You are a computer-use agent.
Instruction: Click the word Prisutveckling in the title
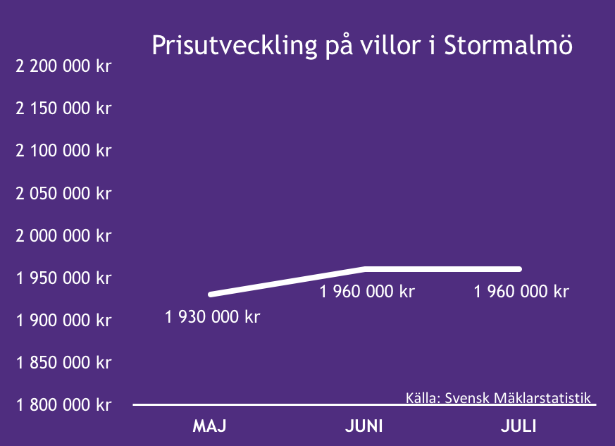234,46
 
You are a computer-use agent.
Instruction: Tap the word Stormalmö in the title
508,44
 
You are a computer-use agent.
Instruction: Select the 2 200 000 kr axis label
63,66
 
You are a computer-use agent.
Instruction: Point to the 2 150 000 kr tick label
63,109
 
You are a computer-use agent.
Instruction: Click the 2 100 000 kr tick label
63,151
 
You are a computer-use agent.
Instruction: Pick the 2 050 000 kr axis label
63,193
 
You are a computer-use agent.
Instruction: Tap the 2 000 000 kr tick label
63,236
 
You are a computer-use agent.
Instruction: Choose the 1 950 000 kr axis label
63,278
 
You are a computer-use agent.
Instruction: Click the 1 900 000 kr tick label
63,321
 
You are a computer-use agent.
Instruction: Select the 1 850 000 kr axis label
63,362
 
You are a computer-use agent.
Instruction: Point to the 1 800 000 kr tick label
63,405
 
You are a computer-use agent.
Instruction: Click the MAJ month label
209,426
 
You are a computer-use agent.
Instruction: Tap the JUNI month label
364,426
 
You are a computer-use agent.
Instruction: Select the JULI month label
518,426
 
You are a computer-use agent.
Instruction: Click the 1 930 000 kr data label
212,317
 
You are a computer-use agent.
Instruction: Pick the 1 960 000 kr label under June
367,292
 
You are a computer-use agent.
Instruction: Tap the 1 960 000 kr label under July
521,292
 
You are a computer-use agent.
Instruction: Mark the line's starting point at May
211,295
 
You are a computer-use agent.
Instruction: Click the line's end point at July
519,269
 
